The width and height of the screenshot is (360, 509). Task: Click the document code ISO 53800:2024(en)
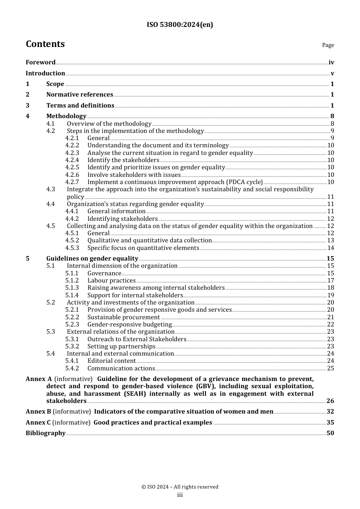click(180, 25)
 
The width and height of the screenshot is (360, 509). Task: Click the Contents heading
click(45, 44)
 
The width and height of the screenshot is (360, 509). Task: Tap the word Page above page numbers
click(328, 45)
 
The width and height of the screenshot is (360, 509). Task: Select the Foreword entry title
click(41, 62)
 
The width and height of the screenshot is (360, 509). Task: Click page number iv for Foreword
click(331, 62)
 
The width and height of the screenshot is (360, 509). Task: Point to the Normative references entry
click(80, 95)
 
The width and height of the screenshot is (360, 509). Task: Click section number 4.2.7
click(72, 182)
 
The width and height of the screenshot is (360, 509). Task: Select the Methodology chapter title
click(66, 116)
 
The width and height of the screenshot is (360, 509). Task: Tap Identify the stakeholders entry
click(123, 160)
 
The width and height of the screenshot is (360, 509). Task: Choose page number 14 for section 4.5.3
click(330, 248)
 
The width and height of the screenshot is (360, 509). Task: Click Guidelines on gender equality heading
click(92, 259)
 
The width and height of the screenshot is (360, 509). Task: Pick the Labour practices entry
click(111, 281)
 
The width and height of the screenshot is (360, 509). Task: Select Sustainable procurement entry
click(124, 317)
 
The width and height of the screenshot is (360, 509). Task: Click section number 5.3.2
click(72, 347)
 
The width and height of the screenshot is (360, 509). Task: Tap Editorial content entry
click(111, 361)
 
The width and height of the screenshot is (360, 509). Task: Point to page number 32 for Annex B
click(330, 412)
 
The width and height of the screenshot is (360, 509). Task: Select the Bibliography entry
click(45, 433)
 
